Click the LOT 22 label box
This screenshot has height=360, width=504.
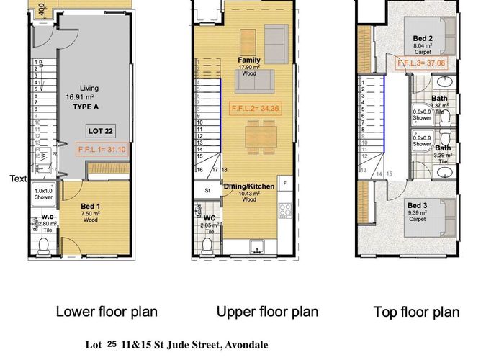[99, 132]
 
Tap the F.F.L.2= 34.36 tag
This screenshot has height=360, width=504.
[256, 109]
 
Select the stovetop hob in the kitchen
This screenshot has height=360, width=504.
[284, 212]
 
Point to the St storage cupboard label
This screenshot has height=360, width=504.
[207, 191]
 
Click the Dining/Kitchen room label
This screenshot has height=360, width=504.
[249, 186]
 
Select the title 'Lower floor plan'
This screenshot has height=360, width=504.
[107, 312]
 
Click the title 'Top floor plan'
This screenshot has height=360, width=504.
[416, 312]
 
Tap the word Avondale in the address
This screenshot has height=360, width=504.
[246, 345]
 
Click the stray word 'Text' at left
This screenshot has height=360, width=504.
[18, 179]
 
